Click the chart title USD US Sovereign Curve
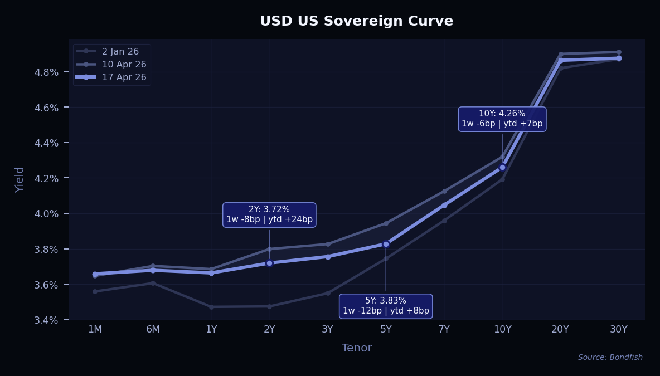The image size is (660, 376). click(x=356, y=21)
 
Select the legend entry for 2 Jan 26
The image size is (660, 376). click(x=120, y=52)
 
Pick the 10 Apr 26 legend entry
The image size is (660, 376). click(x=124, y=65)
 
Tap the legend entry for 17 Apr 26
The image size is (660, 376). click(x=124, y=77)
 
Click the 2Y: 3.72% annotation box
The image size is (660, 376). click(x=269, y=214)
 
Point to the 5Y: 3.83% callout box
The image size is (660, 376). click(x=386, y=306)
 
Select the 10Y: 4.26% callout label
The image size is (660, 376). click(x=502, y=119)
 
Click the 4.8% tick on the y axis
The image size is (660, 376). click(x=47, y=72)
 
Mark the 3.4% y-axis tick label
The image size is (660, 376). click(x=47, y=320)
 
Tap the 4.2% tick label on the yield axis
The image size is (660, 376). click(x=47, y=178)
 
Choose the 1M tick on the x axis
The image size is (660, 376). click(x=95, y=329)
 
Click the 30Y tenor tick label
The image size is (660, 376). click(x=618, y=329)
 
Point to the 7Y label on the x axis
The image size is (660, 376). click(x=444, y=329)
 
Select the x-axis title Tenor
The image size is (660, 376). click(x=357, y=348)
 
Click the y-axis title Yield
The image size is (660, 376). click(x=20, y=179)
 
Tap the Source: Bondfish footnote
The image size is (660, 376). click(x=610, y=358)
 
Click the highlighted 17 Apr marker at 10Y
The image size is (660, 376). click(x=502, y=167)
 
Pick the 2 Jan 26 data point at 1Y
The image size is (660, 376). click(x=211, y=307)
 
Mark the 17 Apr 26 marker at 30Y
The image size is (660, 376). click(x=619, y=58)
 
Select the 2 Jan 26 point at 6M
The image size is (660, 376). click(x=153, y=283)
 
